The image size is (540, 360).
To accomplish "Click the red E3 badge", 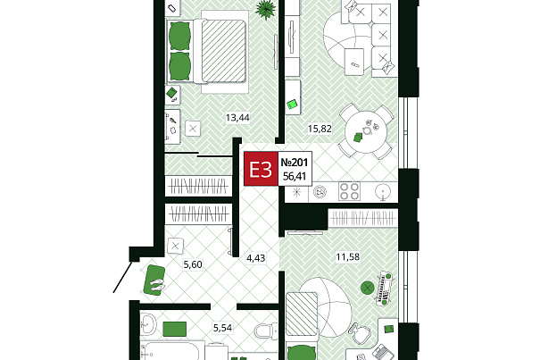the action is tap(261, 169).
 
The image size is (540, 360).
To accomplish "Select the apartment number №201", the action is tap(295, 162).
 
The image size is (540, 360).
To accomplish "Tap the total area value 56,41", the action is tap(295, 177).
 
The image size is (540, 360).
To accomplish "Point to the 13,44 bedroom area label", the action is tap(237, 118).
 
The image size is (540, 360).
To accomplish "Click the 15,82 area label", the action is tap(320, 129).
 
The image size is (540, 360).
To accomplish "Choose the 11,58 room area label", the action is tap(348, 256).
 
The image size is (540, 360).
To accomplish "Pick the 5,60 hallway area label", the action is tap(193, 264).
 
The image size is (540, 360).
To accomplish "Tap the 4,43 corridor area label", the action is tap(256, 258).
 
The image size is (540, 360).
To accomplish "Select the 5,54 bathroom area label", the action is tap(222, 328).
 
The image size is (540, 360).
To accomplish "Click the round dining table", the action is tap(366, 131).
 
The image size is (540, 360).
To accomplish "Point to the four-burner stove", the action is tap(349, 191).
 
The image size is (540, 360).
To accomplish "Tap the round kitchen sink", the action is tap(383, 192).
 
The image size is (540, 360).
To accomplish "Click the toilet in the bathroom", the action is tap(266, 331).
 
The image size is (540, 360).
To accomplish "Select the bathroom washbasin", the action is tap(148, 323).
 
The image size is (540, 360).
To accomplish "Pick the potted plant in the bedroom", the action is tap(266, 8).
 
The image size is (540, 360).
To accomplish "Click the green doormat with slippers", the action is tap(154, 280).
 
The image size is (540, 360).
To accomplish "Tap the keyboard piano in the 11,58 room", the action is tap(386, 289).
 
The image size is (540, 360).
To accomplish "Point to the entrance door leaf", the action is tap(122, 278).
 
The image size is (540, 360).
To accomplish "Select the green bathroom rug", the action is tap(175, 329).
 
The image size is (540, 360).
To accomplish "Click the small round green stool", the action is tap(368, 288).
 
